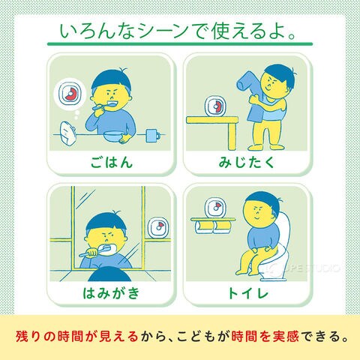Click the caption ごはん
click(111, 162)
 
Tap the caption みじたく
click(247, 162)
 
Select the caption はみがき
click(111, 292)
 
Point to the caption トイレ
click(247, 292)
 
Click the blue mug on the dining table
click(153, 136)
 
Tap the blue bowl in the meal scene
click(112, 136)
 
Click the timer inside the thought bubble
click(70, 93)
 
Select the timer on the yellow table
click(215, 106)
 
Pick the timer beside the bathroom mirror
click(158, 228)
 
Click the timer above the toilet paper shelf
click(215, 208)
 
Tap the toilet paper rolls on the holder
click(212, 226)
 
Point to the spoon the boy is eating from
click(103, 106)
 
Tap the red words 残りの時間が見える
click(76, 336)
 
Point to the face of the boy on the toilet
click(259, 212)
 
